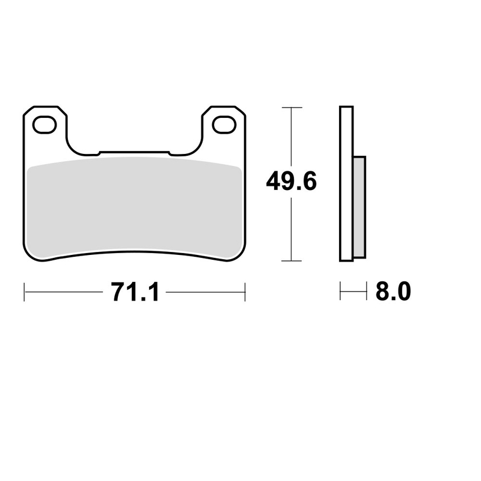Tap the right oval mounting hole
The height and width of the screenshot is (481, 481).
[x=225, y=125]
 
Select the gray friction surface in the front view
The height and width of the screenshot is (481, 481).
[x=135, y=207]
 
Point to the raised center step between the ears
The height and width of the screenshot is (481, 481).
[x=135, y=153]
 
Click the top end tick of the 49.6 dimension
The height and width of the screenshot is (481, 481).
[x=292, y=108]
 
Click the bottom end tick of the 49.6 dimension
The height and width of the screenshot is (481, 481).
[x=292, y=261]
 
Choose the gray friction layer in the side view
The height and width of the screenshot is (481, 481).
[x=359, y=204]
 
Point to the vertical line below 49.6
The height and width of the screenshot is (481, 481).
[x=292, y=231]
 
